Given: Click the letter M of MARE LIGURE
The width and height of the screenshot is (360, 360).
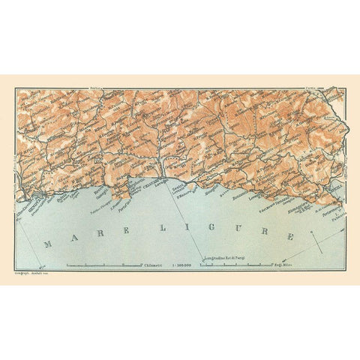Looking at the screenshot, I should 47,244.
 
